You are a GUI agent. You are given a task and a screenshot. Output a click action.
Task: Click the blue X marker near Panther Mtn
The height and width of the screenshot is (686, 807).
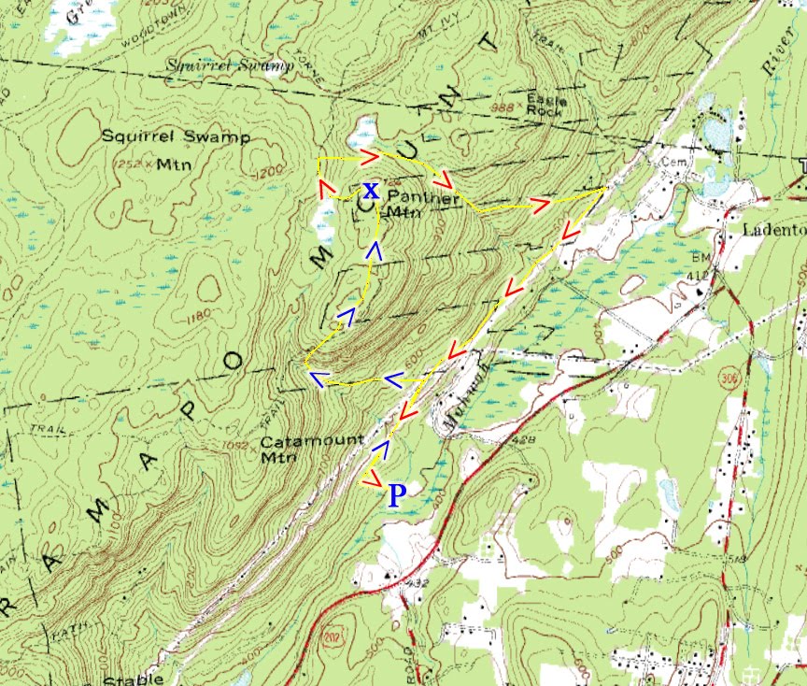coord(371,191)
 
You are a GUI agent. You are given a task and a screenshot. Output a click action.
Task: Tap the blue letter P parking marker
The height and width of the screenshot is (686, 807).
coord(397,495)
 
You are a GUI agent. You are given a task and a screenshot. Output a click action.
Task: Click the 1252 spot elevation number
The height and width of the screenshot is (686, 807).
coord(127,164)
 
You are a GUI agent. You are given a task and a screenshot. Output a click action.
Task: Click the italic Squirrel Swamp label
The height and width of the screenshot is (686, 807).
coord(230,65)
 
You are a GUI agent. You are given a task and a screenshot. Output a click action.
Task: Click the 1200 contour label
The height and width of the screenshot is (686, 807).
coord(267,174)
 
